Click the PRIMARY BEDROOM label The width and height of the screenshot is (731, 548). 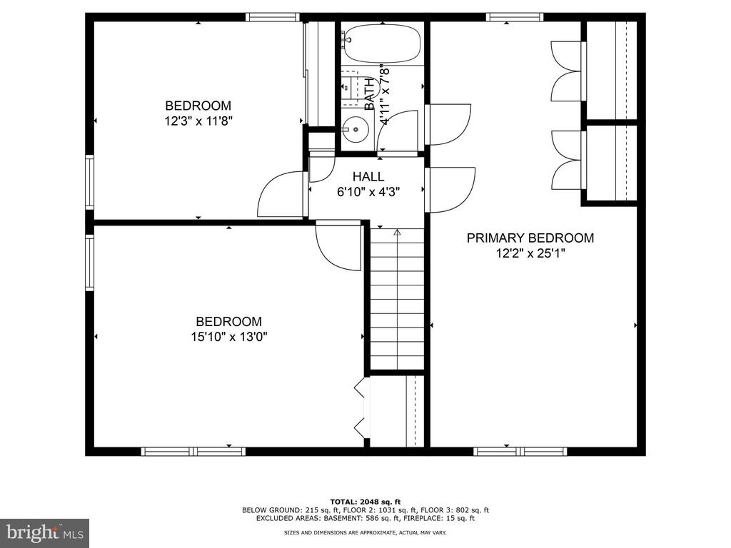coord(530,238)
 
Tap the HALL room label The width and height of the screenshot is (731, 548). coord(368,177)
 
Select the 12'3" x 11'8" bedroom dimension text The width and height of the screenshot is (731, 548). coord(198,121)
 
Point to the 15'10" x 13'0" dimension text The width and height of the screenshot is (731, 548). coord(229,337)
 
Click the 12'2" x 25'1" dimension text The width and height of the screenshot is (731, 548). coord(530,253)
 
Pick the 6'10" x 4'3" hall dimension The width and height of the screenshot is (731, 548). coord(368,191)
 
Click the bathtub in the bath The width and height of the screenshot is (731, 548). coord(383,44)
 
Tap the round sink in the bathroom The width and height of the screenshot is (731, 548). coord(356,130)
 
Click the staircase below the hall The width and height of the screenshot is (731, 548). coord(397,299)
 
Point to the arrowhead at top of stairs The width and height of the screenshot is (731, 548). coord(397,232)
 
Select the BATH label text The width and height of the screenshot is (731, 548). coord(369,95)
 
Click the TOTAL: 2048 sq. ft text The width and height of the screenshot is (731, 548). coord(365,502)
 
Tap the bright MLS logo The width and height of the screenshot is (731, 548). coord(45,532)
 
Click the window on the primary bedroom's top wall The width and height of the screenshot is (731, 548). coord(515,17)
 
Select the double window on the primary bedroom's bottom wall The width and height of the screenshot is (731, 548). coord(520,451)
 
